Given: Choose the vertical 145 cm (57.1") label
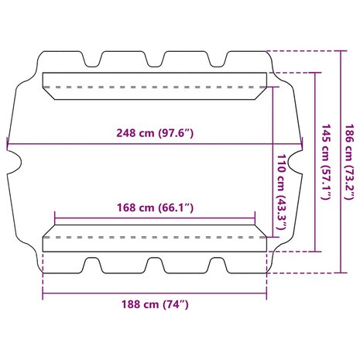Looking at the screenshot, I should (x=326, y=162).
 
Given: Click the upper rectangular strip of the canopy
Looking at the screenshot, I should (x=154, y=84).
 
